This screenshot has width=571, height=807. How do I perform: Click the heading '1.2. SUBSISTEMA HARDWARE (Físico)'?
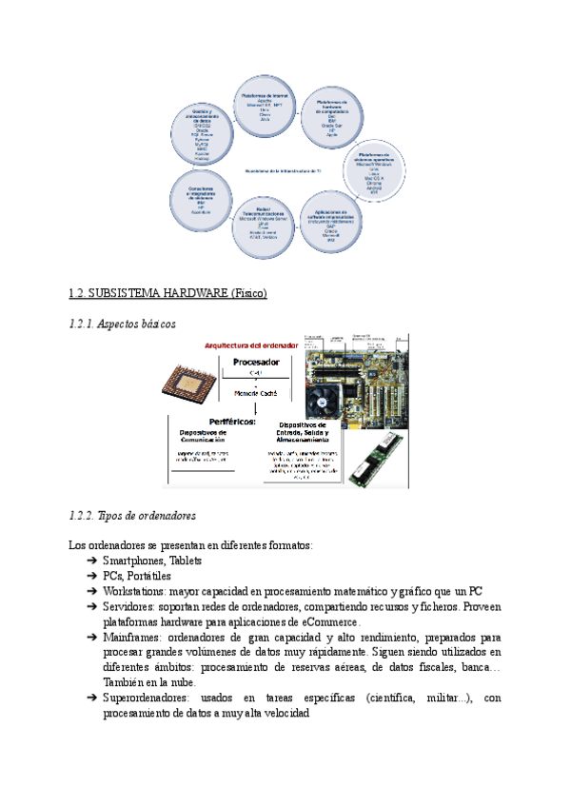point(168,293)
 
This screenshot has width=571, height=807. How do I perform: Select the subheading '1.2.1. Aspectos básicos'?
point(123,325)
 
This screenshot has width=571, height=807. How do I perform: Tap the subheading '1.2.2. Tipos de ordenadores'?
point(132,516)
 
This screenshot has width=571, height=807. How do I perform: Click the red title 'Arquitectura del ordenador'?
point(244,344)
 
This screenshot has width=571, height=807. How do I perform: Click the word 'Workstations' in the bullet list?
point(132,591)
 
